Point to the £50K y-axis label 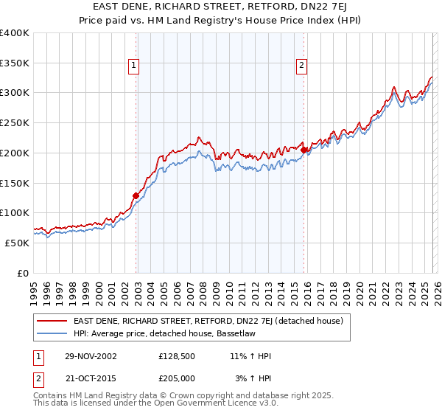pos(17,243)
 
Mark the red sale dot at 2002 pos(136,196)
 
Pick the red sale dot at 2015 pos(304,150)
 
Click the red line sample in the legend pos(53,321)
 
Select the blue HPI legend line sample pos(53,333)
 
